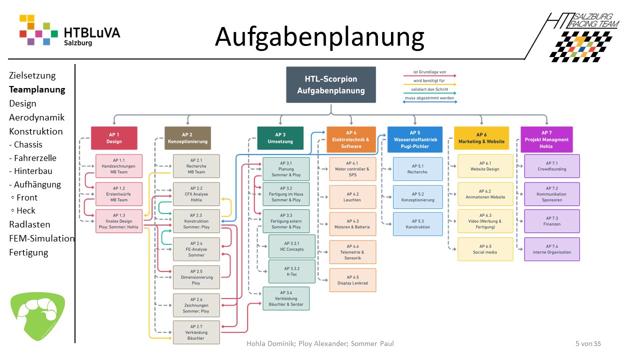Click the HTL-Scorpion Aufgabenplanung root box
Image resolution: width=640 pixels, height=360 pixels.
point(330,84)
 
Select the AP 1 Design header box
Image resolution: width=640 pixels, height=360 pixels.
point(114,138)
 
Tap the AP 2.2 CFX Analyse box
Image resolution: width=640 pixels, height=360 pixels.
point(196,194)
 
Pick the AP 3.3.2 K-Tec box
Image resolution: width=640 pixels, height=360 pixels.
point(292,271)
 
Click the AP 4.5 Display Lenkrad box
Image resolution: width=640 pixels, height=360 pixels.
point(352,280)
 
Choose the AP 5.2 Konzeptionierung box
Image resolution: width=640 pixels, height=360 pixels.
point(417,197)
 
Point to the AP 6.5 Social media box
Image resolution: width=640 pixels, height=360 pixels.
point(485,249)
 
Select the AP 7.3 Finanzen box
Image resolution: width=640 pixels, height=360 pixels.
point(552,221)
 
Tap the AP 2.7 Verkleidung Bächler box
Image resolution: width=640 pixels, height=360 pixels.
point(196,332)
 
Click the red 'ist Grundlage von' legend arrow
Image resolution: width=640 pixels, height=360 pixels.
point(430,76)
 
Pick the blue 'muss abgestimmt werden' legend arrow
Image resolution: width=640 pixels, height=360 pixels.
point(430,101)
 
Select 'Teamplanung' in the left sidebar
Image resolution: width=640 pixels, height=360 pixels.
point(37,89)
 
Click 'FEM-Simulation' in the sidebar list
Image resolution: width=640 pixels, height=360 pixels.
point(42,238)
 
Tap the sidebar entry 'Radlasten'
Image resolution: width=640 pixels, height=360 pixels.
point(29,224)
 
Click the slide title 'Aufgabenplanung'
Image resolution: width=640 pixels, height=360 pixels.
point(319,37)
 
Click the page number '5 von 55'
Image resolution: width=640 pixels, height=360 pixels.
point(588,343)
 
